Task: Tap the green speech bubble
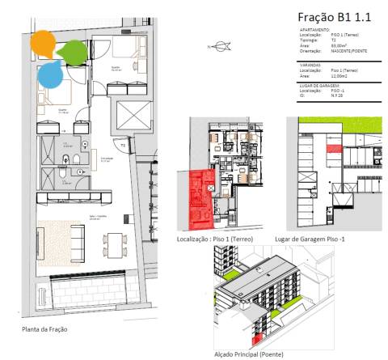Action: (73, 53)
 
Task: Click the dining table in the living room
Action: (116, 241)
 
